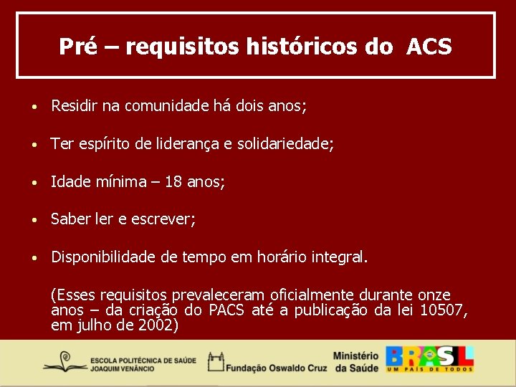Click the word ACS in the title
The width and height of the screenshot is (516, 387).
coord(429,47)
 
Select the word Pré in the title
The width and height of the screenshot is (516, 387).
coord(75,47)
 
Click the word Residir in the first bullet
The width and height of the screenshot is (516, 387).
coord(74,106)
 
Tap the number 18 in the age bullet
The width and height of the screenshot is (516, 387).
coord(173,182)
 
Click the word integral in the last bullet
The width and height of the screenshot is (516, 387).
coord(338,257)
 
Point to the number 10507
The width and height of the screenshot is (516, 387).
coord(444,310)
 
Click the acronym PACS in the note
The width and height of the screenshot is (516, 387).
coord(228,310)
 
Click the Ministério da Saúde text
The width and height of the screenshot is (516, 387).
coord(356,361)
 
